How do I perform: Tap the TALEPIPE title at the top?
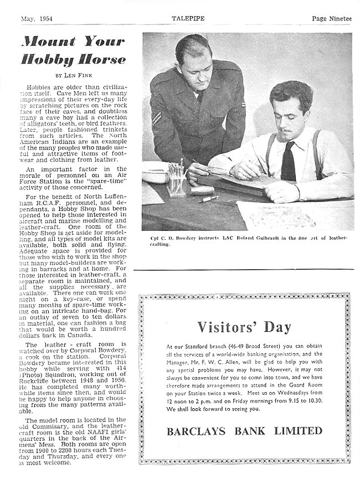pyautogui.click(x=186, y=18)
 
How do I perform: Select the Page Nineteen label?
pyautogui.click(x=331, y=18)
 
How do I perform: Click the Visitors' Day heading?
pyautogui.click(x=244, y=327)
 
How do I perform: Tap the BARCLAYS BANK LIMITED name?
pyautogui.click(x=244, y=430)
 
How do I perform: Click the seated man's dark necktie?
pyautogui.click(x=288, y=161)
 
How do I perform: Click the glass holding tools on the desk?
pyautogui.click(x=176, y=181)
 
